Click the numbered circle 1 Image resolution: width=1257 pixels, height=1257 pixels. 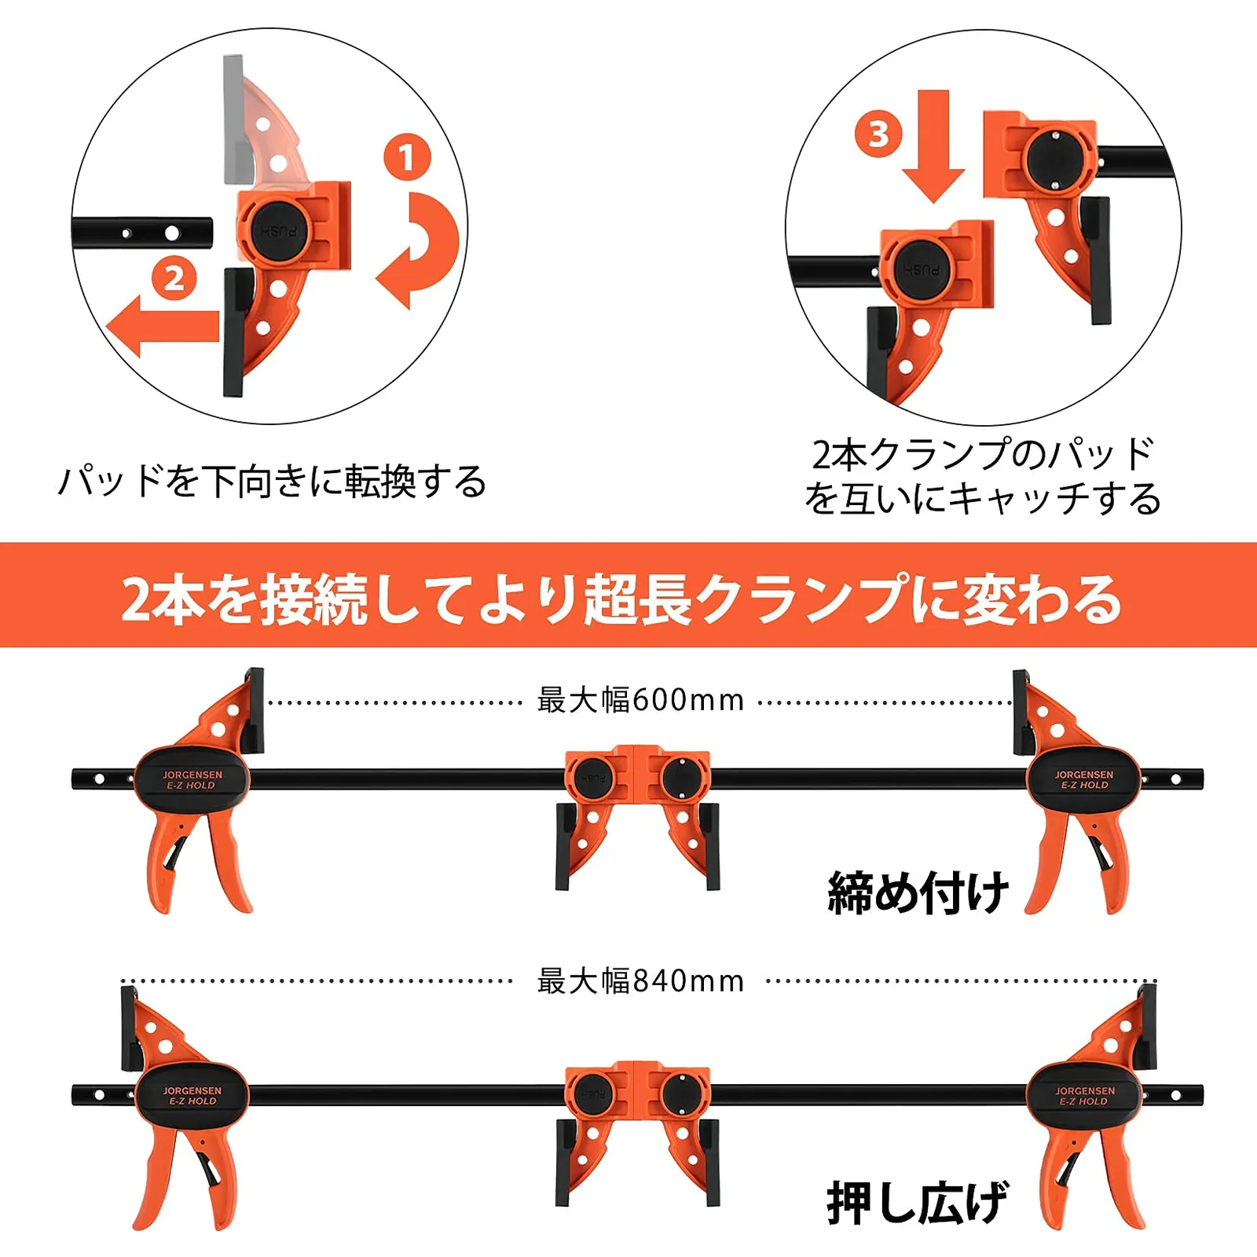[x=407, y=157]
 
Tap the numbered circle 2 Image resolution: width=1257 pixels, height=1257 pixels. [x=174, y=278]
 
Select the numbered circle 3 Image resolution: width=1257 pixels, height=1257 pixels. [x=878, y=134]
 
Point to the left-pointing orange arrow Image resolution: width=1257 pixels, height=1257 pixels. [x=163, y=325]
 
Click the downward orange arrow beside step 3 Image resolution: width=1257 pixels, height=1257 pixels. [x=933, y=146]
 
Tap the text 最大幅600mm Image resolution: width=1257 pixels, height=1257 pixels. [x=640, y=700]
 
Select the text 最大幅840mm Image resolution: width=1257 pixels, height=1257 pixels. [x=640, y=981]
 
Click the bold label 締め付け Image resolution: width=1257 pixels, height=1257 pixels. [x=918, y=892]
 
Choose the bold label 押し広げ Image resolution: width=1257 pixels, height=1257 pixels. [x=918, y=1202]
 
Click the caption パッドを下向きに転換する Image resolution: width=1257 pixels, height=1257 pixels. [x=273, y=481]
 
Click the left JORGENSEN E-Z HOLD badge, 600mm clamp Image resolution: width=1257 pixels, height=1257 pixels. [x=192, y=779]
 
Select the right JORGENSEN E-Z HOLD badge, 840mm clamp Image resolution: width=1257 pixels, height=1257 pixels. [x=1084, y=1096]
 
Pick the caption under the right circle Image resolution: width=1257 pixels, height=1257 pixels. [x=983, y=476]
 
